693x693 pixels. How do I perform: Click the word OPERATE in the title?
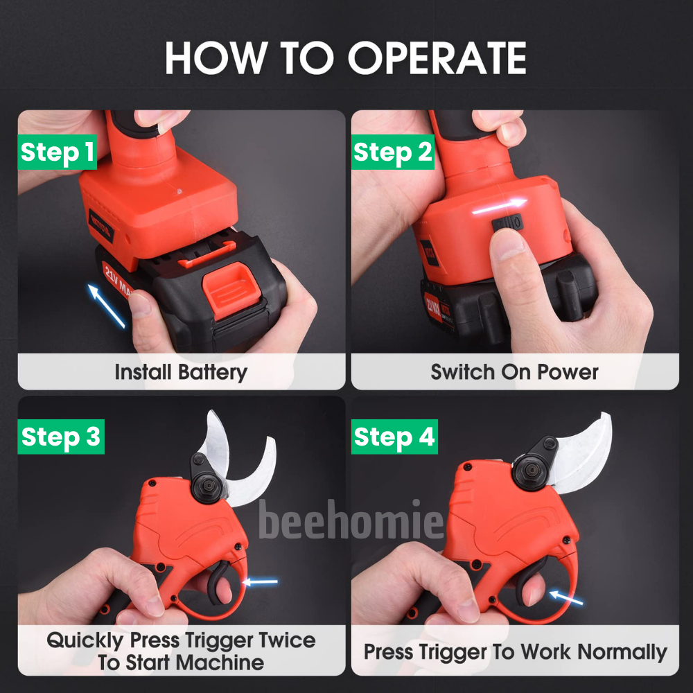coord(437,58)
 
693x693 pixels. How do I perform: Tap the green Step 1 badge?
coord(57,152)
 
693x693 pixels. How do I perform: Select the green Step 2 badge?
coord(392,152)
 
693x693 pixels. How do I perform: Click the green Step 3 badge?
coord(61,436)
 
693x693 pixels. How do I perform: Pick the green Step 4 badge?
coord(394,436)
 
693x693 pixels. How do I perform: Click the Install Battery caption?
coord(181,372)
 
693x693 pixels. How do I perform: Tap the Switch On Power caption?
coord(514,372)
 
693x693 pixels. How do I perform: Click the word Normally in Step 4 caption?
coord(622,652)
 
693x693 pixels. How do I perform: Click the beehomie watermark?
coord(351,519)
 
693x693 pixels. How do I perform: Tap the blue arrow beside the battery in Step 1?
coord(107,306)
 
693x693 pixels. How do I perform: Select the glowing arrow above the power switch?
coord(500,207)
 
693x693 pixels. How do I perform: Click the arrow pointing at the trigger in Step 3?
coord(261,581)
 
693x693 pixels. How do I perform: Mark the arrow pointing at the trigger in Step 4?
coord(566,597)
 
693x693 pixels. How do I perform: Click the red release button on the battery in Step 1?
coord(231,290)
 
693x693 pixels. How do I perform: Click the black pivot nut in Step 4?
coord(530,475)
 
